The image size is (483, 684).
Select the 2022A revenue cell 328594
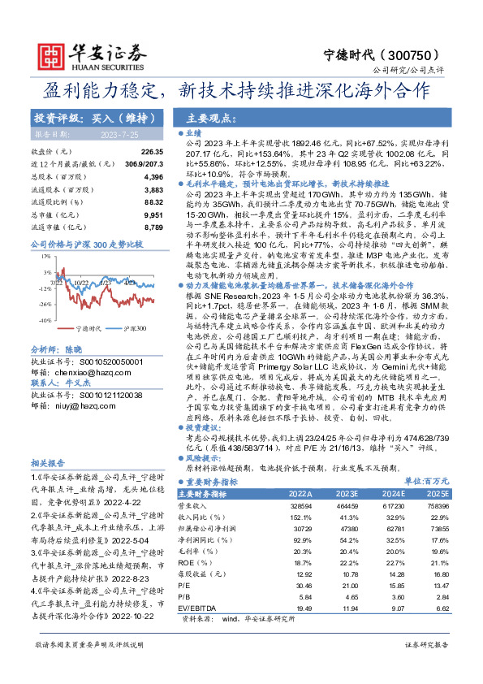(300, 504)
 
